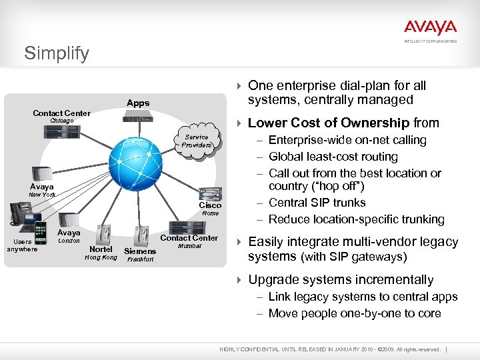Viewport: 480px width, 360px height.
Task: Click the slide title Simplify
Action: click(x=57, y=53)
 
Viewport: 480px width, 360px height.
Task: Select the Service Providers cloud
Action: click(x=197, y=141)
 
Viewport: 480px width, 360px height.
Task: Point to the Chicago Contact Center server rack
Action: click(x=62, y=132)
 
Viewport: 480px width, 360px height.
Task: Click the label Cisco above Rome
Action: click(x=210, y=205)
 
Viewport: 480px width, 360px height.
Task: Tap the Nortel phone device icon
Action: click(x=103, y=234)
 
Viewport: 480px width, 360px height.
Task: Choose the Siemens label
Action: click(x=140, y=251)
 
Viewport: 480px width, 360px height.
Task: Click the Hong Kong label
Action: click(x=101, y=257)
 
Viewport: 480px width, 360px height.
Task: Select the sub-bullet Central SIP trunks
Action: click(x=317, y=203)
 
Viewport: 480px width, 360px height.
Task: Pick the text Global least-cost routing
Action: click(x=333, y=157)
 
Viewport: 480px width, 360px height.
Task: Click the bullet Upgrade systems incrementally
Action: click(x=341, y=279)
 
